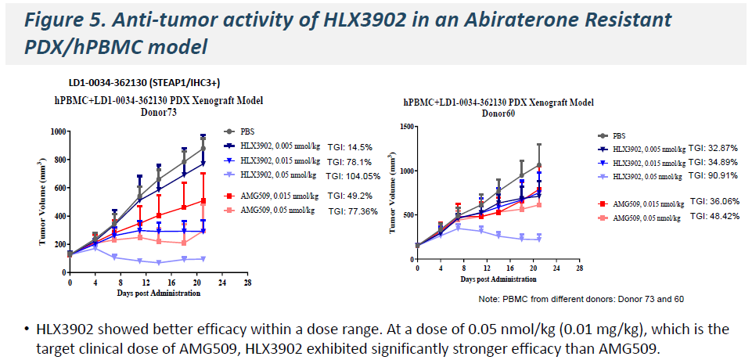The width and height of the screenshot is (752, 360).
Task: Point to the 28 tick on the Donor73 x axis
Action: (x=246, y=282)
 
